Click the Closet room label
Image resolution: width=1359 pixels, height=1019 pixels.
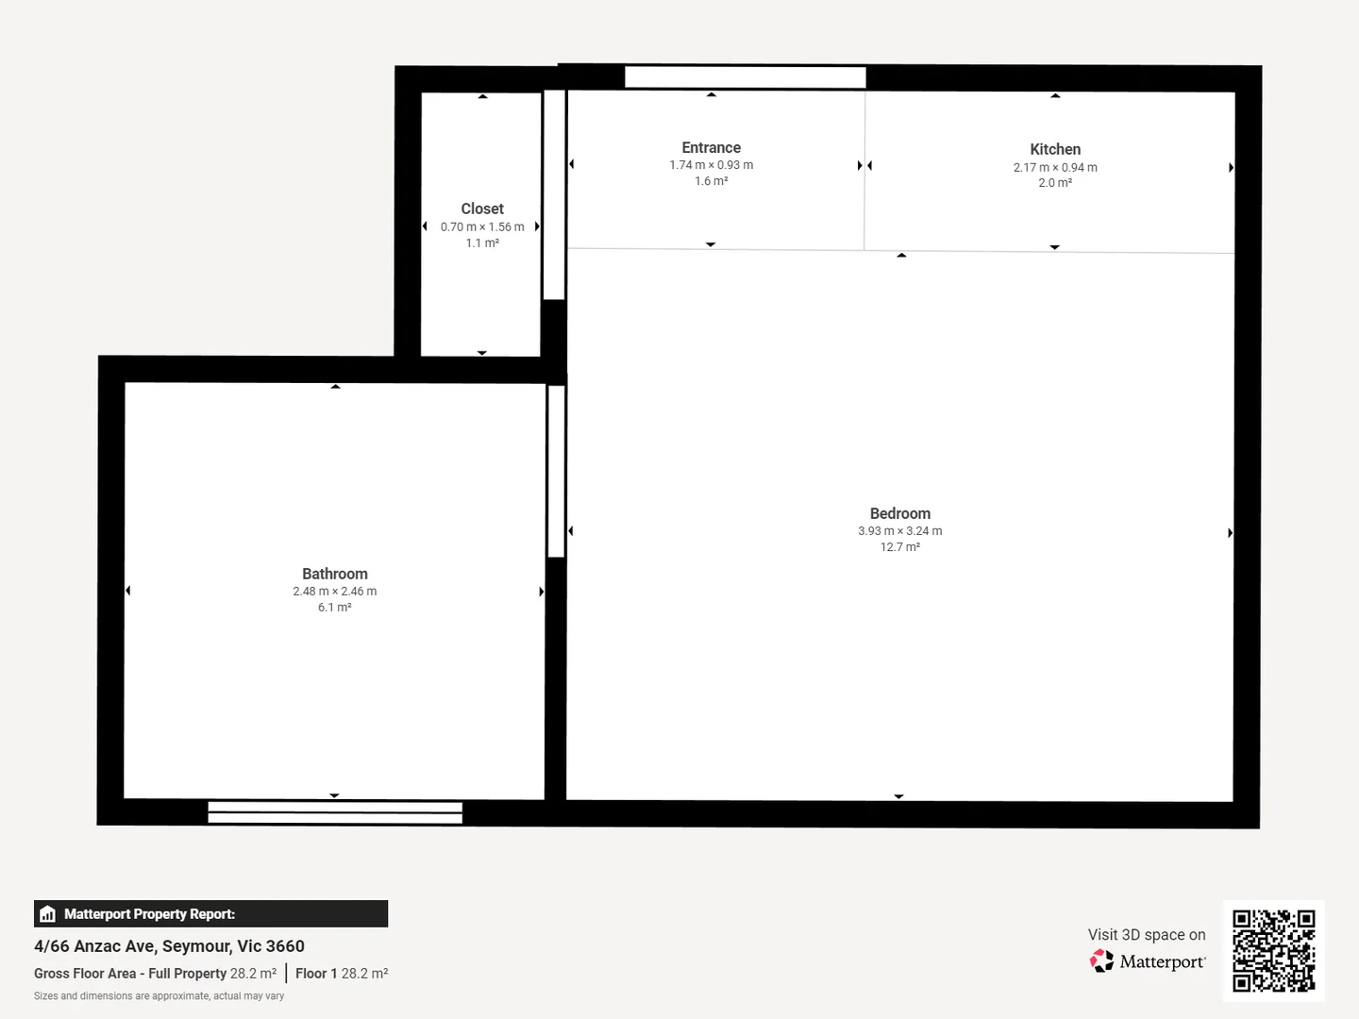pyautogui.click(x=482, y=209)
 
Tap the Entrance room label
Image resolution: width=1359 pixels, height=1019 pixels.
pyautogui.click(x=711, y=147)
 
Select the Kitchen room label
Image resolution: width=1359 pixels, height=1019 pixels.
pyautogui.click(x=1055, y=149)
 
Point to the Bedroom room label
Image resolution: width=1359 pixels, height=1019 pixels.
pyautogui.click(x=899, y=513)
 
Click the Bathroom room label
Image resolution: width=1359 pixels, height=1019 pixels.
pyautogui.click(x=335, y=574)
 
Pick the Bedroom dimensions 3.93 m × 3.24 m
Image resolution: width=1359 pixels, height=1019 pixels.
pyautogui.click(x=899, y=531)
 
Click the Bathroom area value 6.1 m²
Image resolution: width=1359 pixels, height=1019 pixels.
pyautogui.click(x=335, y=608)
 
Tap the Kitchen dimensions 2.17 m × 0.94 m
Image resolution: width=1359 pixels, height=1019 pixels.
pyautogui.click(x=1055, y=167)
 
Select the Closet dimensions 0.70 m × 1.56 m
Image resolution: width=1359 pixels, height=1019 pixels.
pyautogui.click(x=482, y=226)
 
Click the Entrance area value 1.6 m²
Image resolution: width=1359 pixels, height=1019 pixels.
pyautogui.click(x=711, y=181)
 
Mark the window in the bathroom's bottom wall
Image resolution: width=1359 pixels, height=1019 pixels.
pyautogui.click(x=335, y=812)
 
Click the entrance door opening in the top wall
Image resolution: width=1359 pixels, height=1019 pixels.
pyautogui.click(x=746, y=77)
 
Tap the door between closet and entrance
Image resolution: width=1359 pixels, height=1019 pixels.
pyautogui.click(x=554, y=194)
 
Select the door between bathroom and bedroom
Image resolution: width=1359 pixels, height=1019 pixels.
pyautogui.click(x=556, y=471)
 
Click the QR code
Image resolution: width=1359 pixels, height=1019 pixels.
pyautogui.click(x=1273, y=950)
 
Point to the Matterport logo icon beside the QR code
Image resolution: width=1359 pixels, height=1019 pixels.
pyautogui.click(x=1101, y=961)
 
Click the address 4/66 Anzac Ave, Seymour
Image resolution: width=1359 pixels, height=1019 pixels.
pyautogui.click(x=169, y=946)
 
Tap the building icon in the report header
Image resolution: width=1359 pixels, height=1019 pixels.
pyautogui.click(x=48, y=914)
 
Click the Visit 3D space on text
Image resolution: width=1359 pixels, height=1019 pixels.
pyautogui.click(x=1147, y=935)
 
